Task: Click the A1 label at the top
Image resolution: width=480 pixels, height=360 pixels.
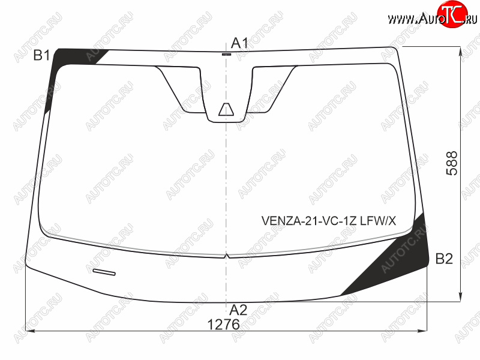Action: (239, 43)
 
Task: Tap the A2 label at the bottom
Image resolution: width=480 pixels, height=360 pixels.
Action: (238, 310)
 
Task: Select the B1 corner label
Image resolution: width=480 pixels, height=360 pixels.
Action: (41, 55)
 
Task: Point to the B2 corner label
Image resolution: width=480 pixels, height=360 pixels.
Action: (444, 259)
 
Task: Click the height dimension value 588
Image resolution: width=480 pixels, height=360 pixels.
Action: (452, 163)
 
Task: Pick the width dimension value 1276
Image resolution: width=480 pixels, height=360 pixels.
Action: (223, 325)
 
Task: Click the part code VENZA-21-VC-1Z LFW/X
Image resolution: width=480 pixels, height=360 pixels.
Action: (328, 220)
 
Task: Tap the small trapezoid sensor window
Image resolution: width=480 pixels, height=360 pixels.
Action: (226, 109)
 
